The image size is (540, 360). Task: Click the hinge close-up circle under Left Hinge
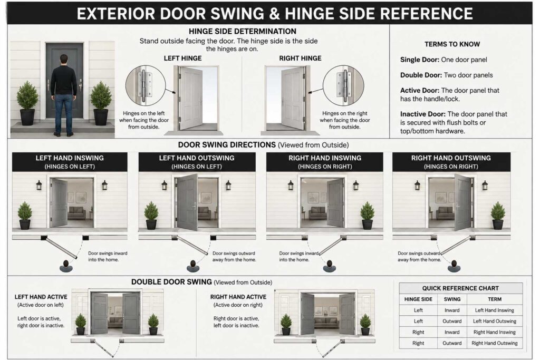pos(146,85)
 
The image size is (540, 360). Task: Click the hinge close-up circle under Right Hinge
pos(343,85)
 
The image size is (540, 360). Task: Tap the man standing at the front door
pos(64,95)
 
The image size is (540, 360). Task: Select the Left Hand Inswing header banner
pos(70,162)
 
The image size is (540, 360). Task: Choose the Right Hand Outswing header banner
pos(451,162)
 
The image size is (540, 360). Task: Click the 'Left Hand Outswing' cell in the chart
pos(495,321)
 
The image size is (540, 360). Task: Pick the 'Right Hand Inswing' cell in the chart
pos(495,332)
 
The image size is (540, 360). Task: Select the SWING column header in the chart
pos(452,299)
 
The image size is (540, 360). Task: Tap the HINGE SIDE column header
pos(418,299)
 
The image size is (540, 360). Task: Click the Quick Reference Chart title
pos(460,288)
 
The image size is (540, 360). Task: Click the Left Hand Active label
pos(41,297)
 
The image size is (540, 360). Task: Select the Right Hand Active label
pos(238,297)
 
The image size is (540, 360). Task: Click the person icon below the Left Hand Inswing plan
pos(66,266)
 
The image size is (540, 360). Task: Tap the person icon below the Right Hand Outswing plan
pos(454,266)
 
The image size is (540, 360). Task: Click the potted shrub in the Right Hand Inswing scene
pos(367,216)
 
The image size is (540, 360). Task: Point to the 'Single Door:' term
pos(419,60)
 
